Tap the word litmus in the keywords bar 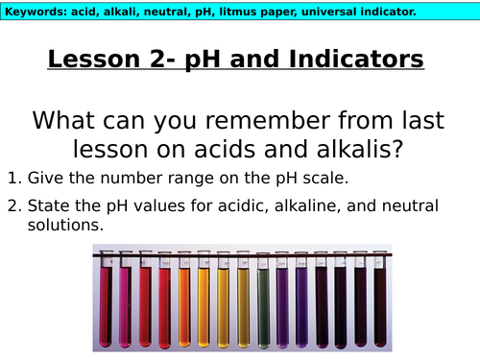[264, 12]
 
